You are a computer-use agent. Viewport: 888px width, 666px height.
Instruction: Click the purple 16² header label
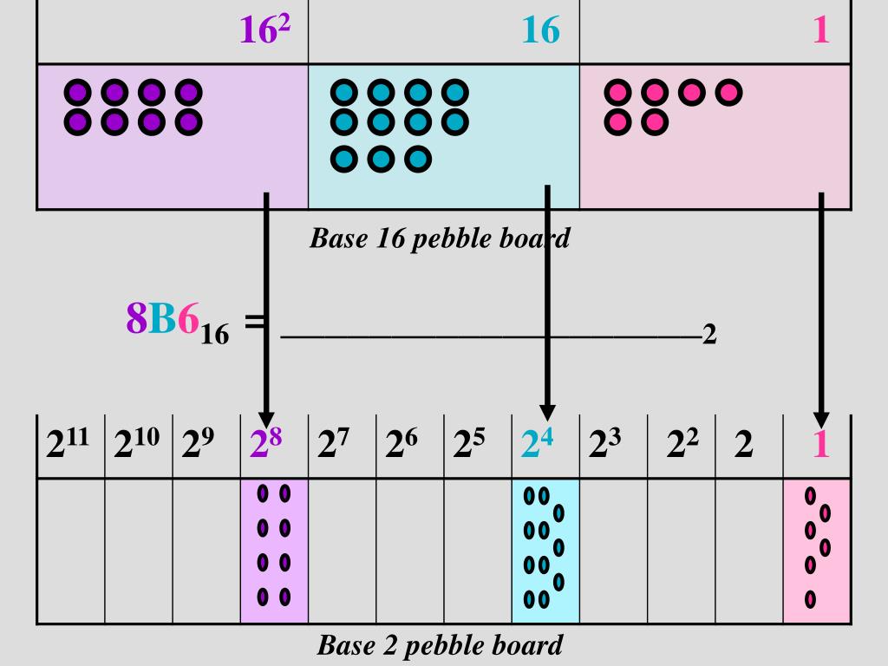264,31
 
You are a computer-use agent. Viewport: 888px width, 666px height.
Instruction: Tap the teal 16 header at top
540,31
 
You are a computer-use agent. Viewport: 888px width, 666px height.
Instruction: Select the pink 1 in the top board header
820,31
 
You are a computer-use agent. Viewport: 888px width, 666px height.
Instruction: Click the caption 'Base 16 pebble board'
440,238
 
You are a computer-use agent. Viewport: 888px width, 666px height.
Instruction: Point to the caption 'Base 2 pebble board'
440,645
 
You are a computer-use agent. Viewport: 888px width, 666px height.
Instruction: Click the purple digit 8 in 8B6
137,319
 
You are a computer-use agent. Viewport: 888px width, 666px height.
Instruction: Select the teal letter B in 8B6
163,319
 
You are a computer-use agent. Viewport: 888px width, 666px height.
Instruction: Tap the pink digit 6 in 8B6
188,319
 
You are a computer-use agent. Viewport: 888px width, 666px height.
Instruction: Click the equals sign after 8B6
254,321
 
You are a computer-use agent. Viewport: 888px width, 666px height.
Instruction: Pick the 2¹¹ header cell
70,445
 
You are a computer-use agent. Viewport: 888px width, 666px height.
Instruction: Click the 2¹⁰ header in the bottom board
138,445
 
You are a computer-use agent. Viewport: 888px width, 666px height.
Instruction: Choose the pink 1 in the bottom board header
820,445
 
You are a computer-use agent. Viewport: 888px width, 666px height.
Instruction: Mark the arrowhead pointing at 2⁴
547,413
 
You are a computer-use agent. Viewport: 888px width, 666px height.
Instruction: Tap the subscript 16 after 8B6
215,334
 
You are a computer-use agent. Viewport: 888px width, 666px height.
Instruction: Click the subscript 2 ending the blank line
709,334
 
